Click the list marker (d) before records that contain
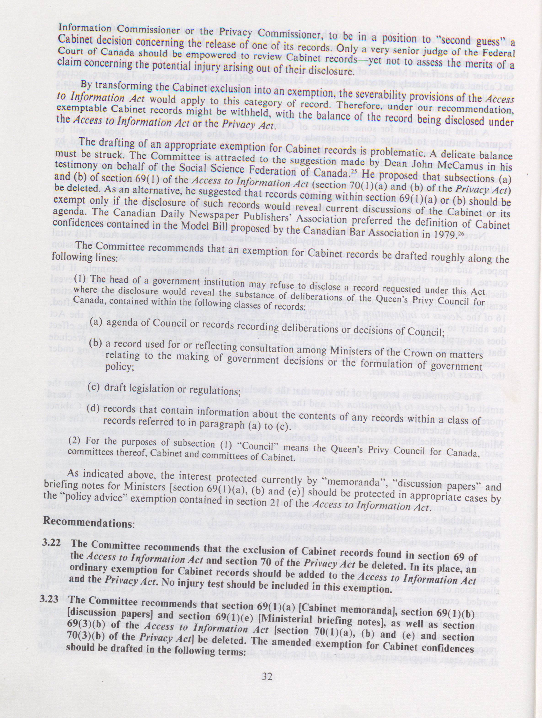pyautogui.click(x=94, y=408)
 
